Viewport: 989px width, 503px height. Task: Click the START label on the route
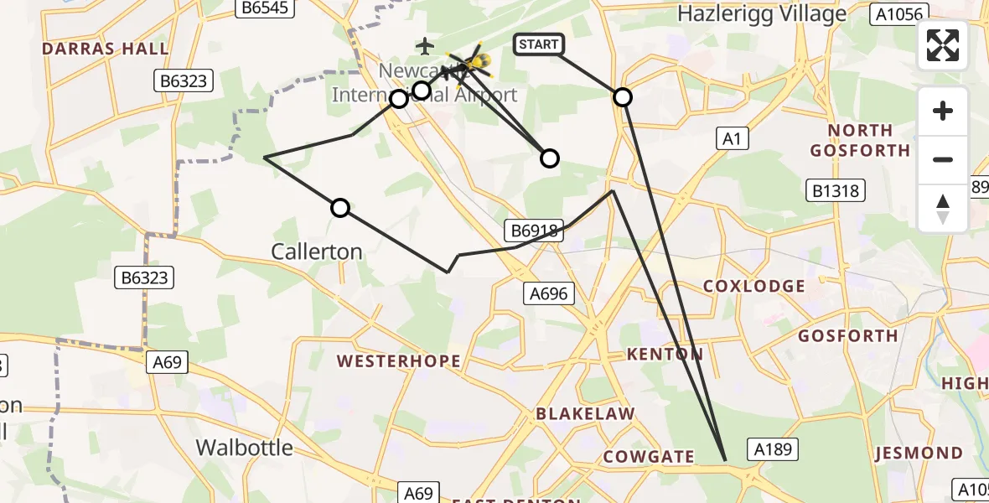[539, 44]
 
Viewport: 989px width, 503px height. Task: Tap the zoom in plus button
[943, 111]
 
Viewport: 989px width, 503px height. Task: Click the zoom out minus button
[943, 159]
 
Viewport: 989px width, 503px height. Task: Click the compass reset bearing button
[943, 208]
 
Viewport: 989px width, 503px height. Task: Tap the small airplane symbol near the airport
[426, 45]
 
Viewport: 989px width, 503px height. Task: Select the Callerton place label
[317, 251]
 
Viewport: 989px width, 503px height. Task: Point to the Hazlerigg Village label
[762, 14]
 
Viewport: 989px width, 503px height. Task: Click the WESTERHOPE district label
[399, 361]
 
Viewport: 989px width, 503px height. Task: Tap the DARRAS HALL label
[106, 49]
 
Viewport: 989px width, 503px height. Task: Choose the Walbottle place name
[245, 447]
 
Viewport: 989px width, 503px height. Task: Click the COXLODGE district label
[754, 286]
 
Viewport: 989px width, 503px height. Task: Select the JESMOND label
[919, 454]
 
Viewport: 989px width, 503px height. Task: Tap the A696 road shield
[550, 293]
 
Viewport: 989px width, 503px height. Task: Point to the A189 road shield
[772, 449]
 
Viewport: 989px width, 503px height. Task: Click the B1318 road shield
[836, 191]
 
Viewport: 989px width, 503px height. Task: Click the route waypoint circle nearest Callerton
[340, 208]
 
